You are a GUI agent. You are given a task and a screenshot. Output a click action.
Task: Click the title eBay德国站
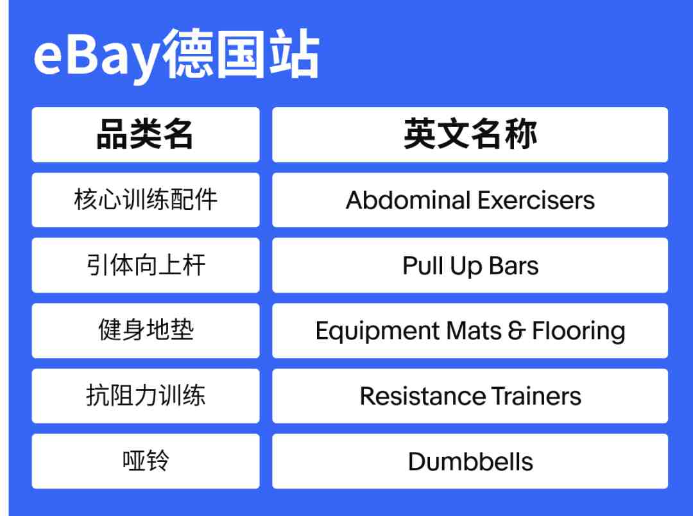176,55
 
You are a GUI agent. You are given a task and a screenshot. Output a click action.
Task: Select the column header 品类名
146,134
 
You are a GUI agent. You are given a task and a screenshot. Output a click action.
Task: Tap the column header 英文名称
470,134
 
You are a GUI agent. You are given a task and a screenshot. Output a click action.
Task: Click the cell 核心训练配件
146,200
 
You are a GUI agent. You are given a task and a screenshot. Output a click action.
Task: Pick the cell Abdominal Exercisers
470,200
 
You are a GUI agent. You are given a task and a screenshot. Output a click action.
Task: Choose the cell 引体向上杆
146,265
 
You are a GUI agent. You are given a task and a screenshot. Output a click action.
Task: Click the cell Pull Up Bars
470,265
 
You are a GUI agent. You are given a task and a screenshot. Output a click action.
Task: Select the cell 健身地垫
146,331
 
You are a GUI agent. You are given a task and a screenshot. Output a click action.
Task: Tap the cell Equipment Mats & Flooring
470,331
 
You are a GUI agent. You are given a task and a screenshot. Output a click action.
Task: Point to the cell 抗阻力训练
146,396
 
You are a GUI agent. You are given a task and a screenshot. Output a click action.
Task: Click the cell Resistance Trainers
470,396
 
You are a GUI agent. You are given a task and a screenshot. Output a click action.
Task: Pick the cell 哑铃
146,461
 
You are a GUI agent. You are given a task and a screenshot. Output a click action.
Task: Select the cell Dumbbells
470,461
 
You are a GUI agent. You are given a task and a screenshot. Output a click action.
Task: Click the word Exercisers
536,200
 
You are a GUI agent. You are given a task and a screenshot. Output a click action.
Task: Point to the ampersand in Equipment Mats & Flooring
517,331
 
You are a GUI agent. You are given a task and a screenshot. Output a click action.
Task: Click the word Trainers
536,396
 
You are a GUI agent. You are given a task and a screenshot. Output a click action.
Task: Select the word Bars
514,266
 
